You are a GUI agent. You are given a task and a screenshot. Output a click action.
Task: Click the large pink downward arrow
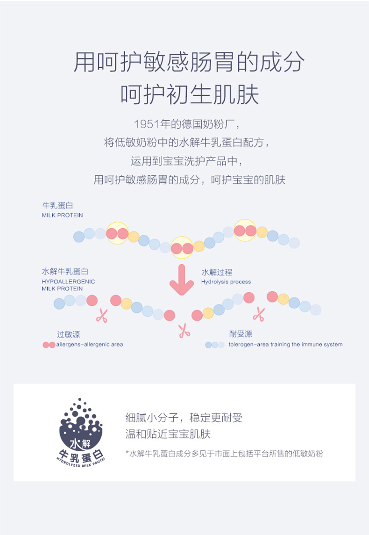[x=181, y=280]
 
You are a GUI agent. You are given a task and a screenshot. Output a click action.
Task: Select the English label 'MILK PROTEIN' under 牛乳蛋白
[x=62, y=215]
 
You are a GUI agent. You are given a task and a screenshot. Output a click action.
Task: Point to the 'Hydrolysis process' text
[x=226, y=282]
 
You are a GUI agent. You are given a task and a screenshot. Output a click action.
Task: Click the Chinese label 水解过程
[x=217, y=272]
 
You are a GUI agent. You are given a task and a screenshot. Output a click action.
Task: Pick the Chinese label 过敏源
[x=68, y=334]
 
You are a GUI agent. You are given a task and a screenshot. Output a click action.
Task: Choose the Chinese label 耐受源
[x=241, y=334]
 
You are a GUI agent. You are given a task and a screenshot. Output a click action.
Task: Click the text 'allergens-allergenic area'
[x=90, y=345]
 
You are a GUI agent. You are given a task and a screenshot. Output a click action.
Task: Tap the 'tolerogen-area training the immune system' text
[x=285, y=345]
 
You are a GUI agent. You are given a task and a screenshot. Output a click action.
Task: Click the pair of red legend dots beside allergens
[x=49, y=345]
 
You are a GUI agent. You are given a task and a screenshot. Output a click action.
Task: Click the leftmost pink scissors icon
[x=101, y=316]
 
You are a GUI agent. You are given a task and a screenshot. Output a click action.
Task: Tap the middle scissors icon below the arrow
[x=184, y=330]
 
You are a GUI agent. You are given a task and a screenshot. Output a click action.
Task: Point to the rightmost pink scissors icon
[x=258, y=314]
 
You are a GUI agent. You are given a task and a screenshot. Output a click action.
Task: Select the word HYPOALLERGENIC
[x=68, y=282]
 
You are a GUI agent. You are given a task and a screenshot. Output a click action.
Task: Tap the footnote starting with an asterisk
[x=224, y=453]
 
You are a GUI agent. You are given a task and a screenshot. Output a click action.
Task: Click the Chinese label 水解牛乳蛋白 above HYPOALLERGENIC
[x=65, y=272]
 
